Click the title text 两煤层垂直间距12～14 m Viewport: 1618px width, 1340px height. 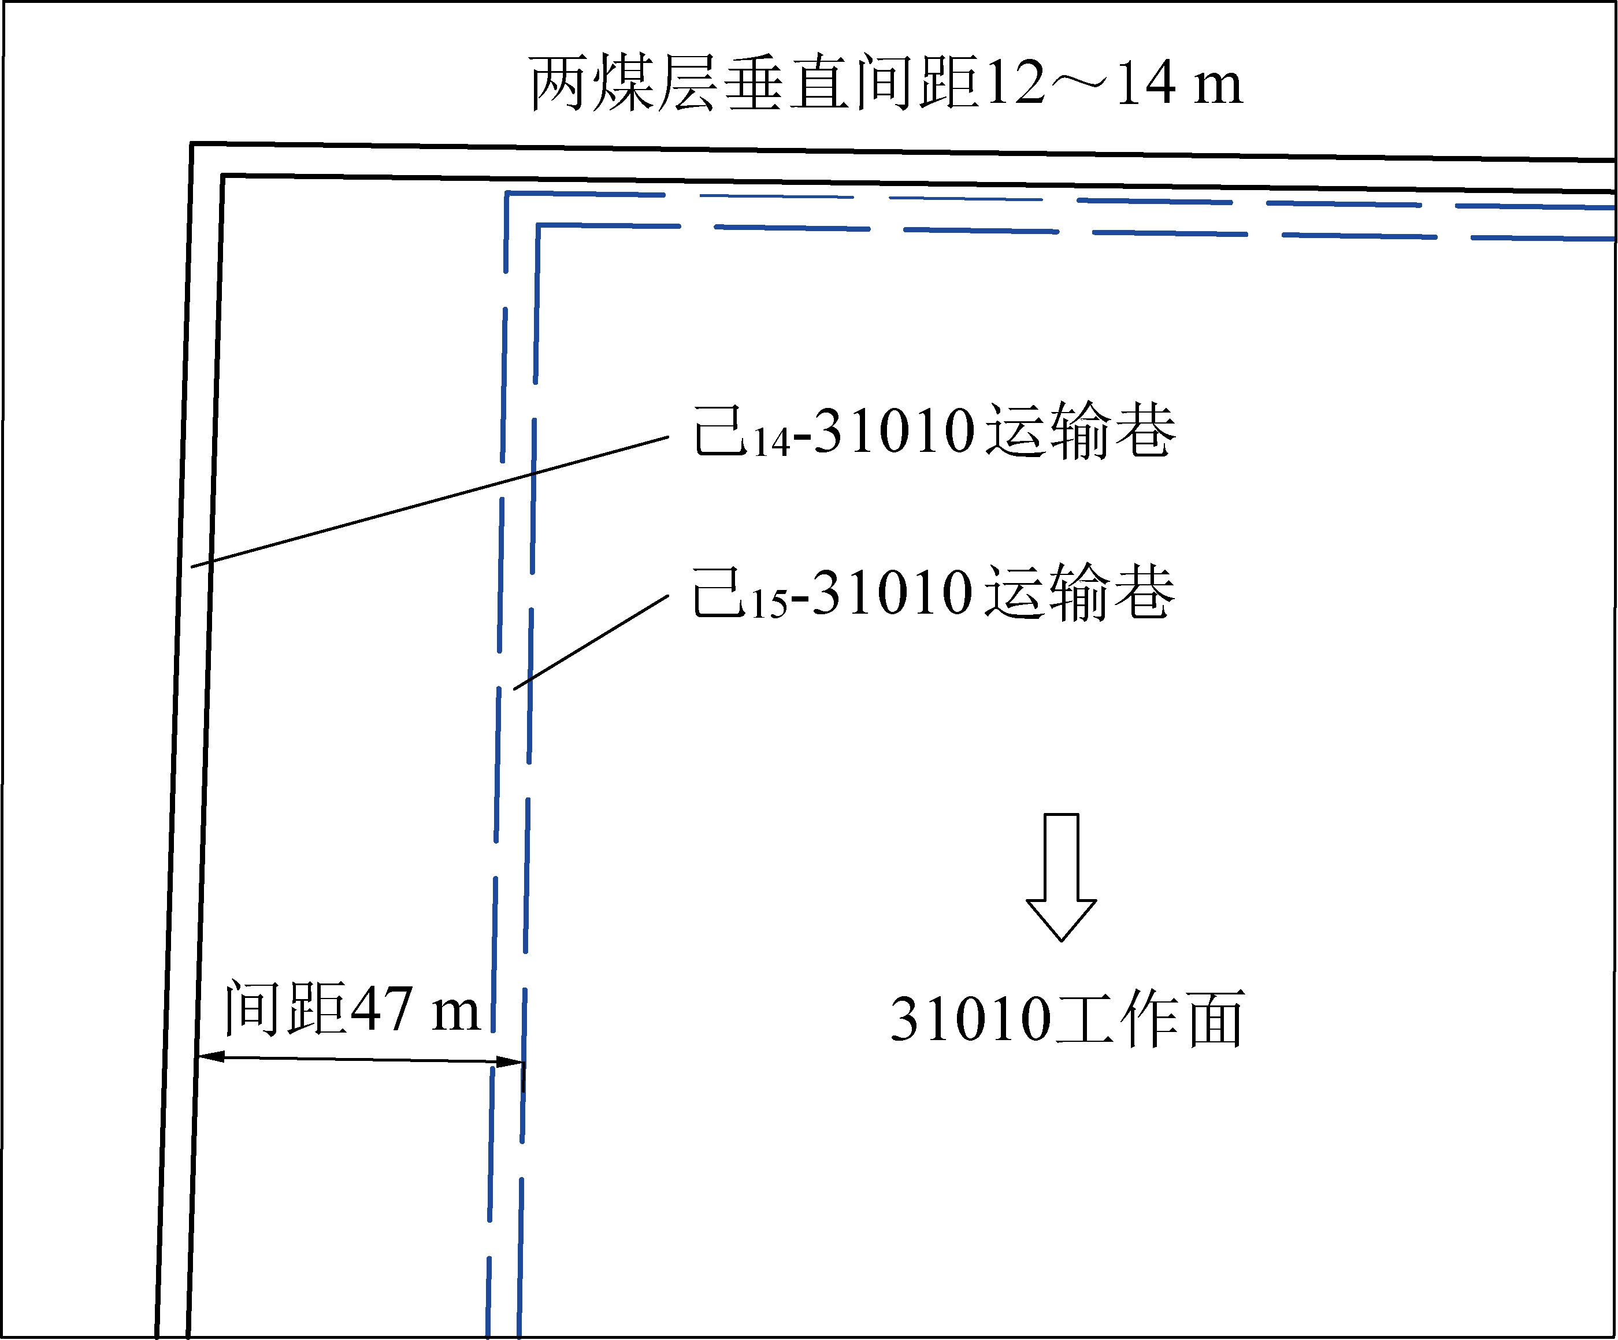point(886,83)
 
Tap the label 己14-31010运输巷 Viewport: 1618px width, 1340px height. point(934,432)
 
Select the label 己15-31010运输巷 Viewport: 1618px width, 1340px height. point(934,593)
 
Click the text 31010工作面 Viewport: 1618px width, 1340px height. point(1067,1019)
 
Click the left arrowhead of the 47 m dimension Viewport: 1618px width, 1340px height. point(211,1056)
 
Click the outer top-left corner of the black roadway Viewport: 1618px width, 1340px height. point(192,144)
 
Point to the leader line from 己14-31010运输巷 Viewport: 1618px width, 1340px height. point(432,502)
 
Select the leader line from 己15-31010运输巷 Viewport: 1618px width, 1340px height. point(591,642)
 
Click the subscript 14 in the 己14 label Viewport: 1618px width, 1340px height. point(771,444)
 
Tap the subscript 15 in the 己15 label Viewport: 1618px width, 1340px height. point(770,605)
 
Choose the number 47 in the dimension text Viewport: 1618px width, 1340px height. point(381,1009)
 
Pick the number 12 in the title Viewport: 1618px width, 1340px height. point(1015,83)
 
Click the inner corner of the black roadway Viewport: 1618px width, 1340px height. point(222,176)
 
